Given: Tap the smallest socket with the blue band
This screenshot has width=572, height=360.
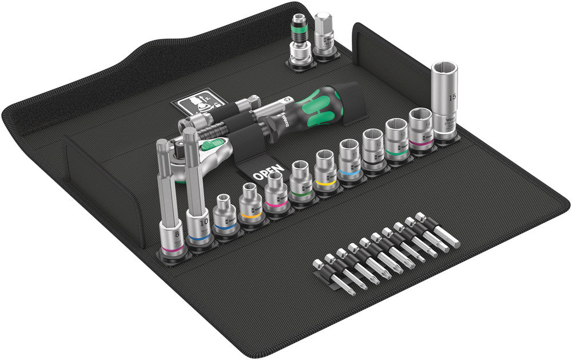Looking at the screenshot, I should coord(226,217).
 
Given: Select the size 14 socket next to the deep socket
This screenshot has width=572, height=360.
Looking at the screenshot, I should coord(420,129).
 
